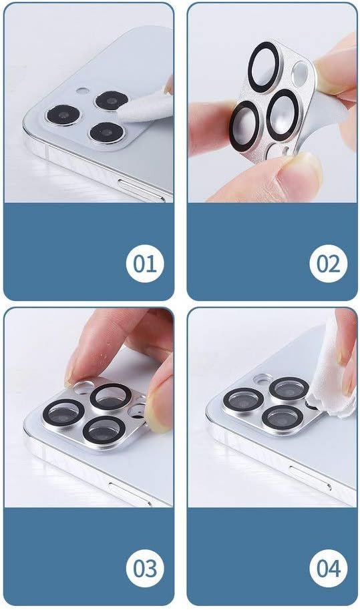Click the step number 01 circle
pyautogui.click(x=145, y=264)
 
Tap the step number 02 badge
pyautogui.click(x=329, y=264)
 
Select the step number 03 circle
pyautogui.click(x=145, y=569)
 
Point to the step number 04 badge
pyautogui.click(x=329, y=569)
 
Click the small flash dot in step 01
pyautogui.click(x=83, y=91)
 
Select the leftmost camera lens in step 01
pyautogui.click(x=63, y=115)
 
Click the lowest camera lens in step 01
pyautogui.click(x=107, y=133)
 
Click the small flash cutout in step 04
pyautogui.click(x=262, y=378)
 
